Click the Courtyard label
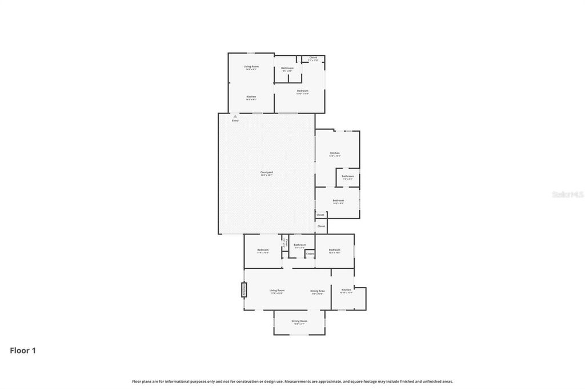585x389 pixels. pos(266,172)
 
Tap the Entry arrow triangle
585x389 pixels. pos(235,116)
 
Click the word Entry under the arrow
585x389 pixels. pos(235,120)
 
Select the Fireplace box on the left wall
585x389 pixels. pos(243,290)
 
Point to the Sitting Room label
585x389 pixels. pos(299,321)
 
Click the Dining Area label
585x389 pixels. pos(318,290)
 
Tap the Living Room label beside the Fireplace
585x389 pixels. pos(277,290)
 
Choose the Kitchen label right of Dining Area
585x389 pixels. pos(346,290)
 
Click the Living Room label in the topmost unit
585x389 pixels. pos(251,67)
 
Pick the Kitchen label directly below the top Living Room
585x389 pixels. pos(251,97)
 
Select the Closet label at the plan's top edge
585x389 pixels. pos(313,58)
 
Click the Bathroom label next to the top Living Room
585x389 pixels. pos(287,68)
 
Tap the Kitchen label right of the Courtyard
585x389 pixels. pos(335,153)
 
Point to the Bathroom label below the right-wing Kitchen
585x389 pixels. pos(348,176)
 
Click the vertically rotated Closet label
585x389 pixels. pos(285,243)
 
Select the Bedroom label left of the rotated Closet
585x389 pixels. pos(263,250)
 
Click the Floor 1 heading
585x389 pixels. pos(23,351)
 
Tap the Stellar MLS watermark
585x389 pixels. pos(567,195)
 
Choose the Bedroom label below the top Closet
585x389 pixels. pos(302,91)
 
